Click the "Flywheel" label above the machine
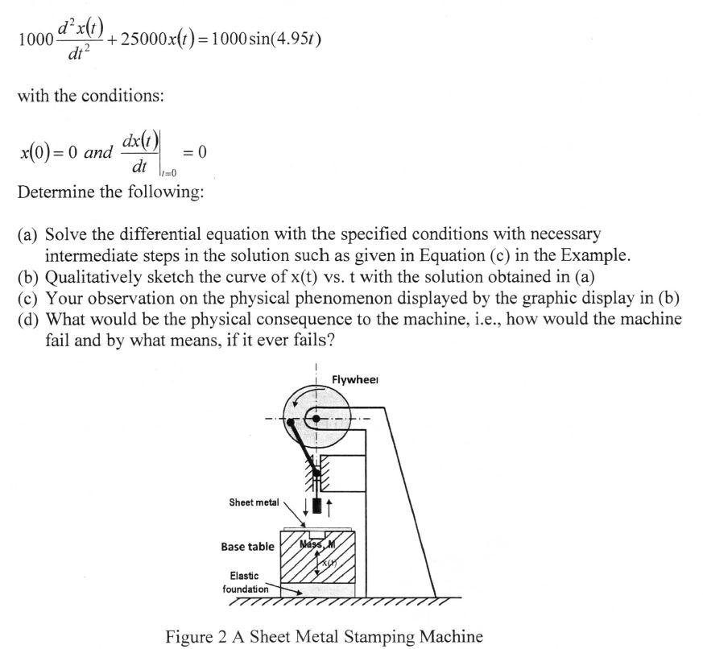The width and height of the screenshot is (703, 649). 356,380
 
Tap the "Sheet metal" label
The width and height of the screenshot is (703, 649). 254,502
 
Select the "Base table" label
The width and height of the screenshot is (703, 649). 247,547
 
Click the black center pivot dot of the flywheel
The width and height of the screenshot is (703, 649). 316,419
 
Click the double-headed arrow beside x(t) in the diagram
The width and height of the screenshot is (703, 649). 316,564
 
